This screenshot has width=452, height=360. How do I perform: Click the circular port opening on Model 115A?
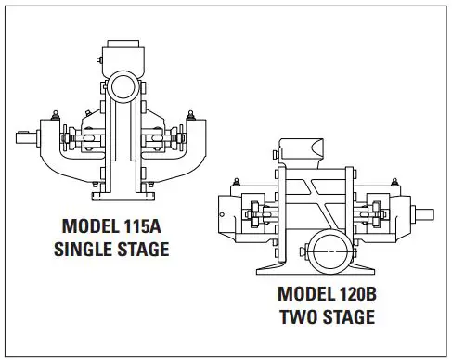[x=122, y=89]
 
